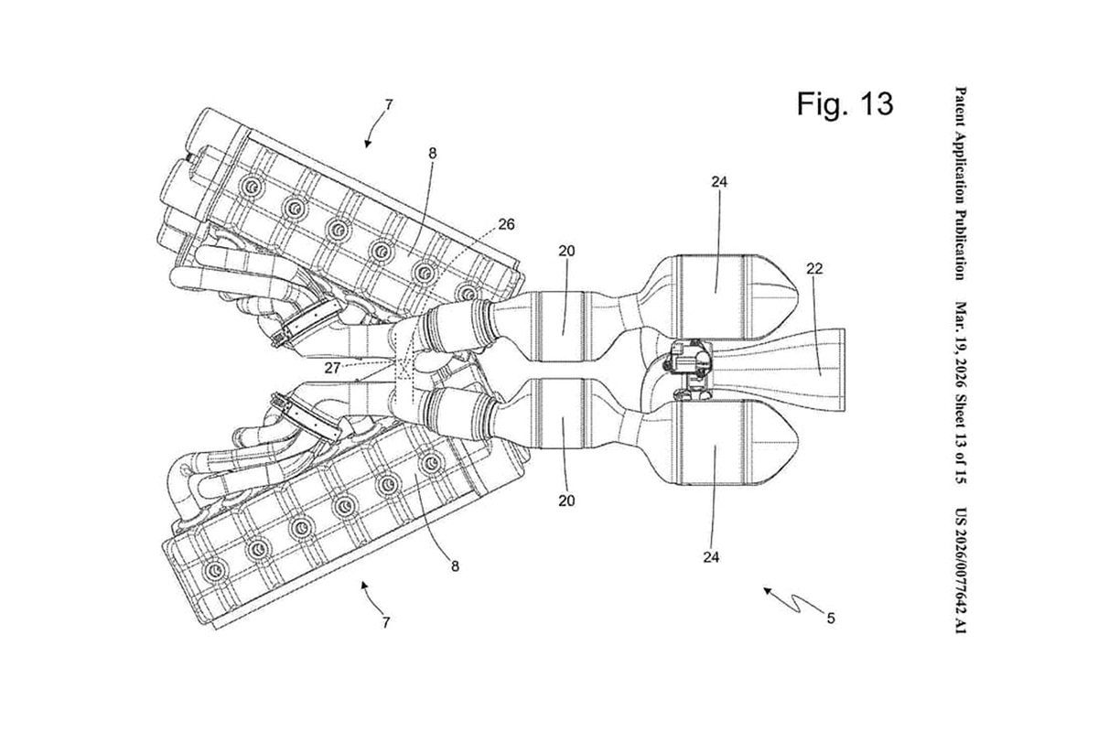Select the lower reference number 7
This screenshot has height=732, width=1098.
click(386, 622)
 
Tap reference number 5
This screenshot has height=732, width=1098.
click(830, 619)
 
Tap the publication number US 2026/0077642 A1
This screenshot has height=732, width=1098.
click(962, 568)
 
